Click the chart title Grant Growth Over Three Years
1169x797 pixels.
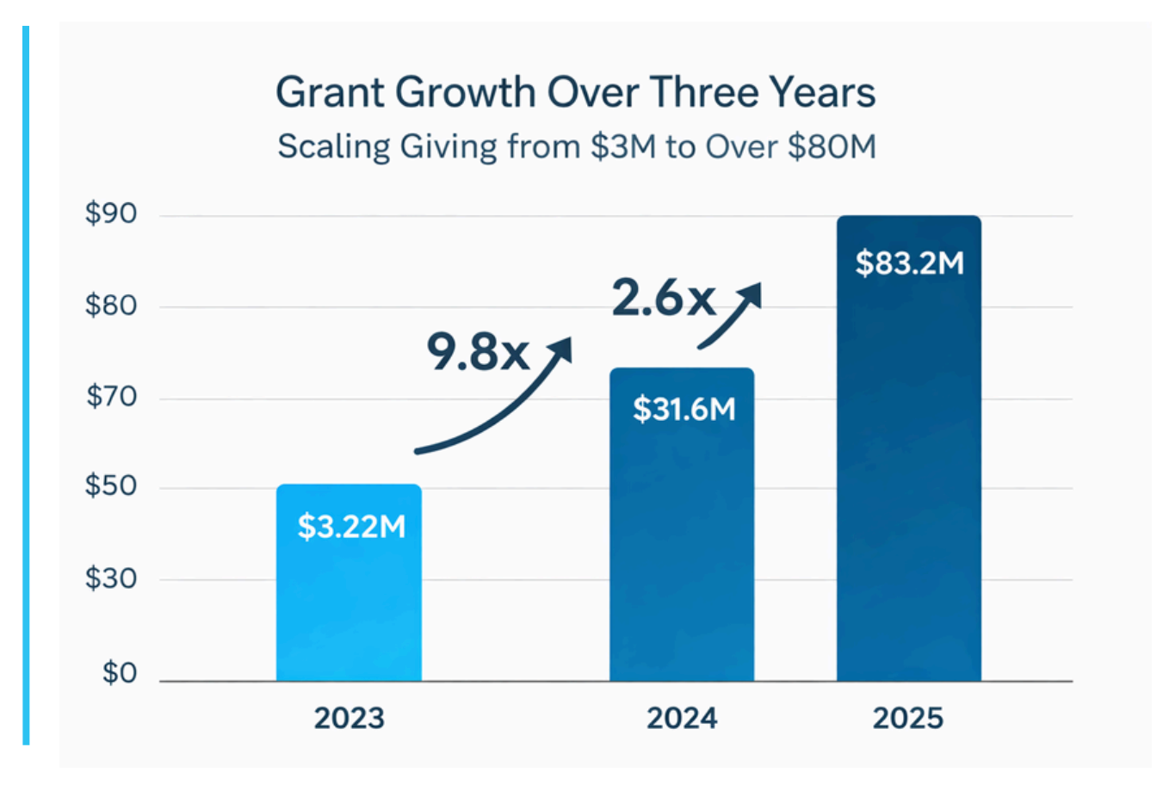click(x=575, y=92)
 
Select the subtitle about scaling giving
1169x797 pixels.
click(x=576, y=146)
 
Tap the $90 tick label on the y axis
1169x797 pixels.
click(x=111, y=213)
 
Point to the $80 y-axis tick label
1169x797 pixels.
click(x=111, y=305)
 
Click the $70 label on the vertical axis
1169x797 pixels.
click(x=111, y=396)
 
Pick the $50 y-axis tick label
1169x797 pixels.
click(x=111, y=485)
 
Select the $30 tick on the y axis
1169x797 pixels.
click(x=111, y=578)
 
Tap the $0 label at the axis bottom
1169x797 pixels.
click(x=120, y=672)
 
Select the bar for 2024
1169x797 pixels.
click(x=682, y=551)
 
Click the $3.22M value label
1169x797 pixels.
click(x=351, y=526)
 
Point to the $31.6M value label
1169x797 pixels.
click(x=684, y=409)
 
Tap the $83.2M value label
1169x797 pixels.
click(x=909, y=263)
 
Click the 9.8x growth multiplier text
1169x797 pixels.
click(x=478, y=352)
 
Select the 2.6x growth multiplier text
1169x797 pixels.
click(x=664, y=299)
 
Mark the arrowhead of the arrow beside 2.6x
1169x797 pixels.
click(x=751, y=295)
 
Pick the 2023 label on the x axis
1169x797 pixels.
click(x=349, y=718)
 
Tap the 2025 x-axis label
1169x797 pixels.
click(x=908, y=718)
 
